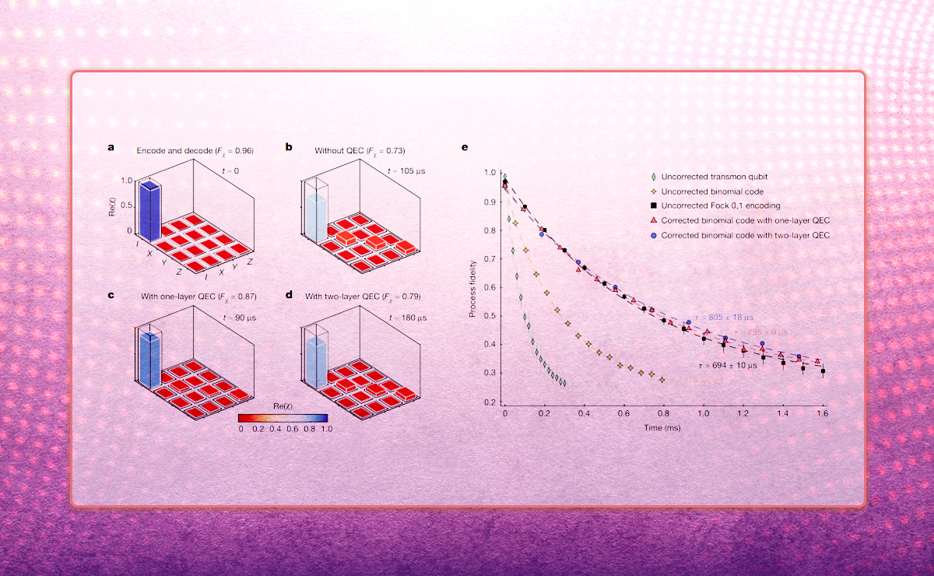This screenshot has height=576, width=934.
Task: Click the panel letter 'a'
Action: click(112, 147)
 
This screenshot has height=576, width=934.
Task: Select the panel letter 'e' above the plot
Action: click(465, 147)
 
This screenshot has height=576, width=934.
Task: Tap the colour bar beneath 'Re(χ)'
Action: click(283, 417)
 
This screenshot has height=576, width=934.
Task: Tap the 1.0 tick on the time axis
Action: click(703, 414)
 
